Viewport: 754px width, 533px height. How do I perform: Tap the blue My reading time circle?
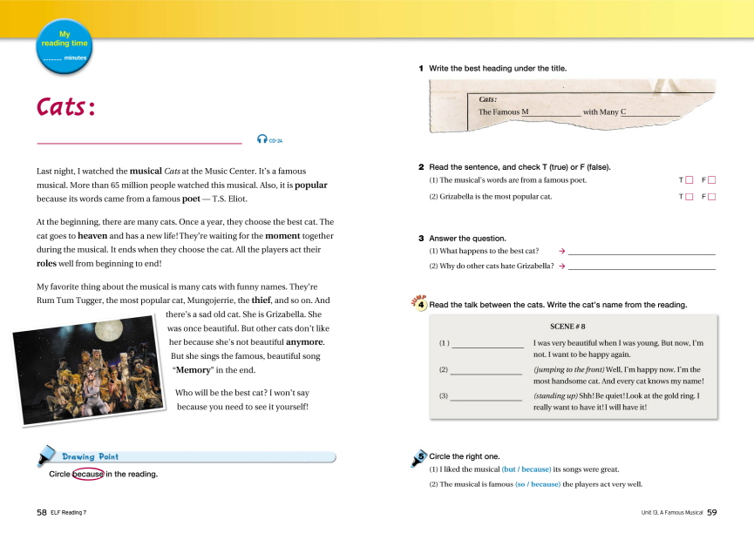(x=64, y=48)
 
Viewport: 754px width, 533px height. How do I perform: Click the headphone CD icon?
(x=262, y=139)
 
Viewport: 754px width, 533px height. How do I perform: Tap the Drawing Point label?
(x=90, y=456)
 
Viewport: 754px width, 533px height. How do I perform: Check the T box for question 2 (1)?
(x=689, y=180)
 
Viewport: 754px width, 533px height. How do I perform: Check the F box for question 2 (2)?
(x=711, y=197)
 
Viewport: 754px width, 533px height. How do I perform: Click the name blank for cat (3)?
(x=486, y=398)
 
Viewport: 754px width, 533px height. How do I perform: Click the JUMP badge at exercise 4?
(x=418, y=303)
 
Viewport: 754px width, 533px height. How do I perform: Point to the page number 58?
(x=41, y=513)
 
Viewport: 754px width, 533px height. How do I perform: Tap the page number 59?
(x=711, y=513)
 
